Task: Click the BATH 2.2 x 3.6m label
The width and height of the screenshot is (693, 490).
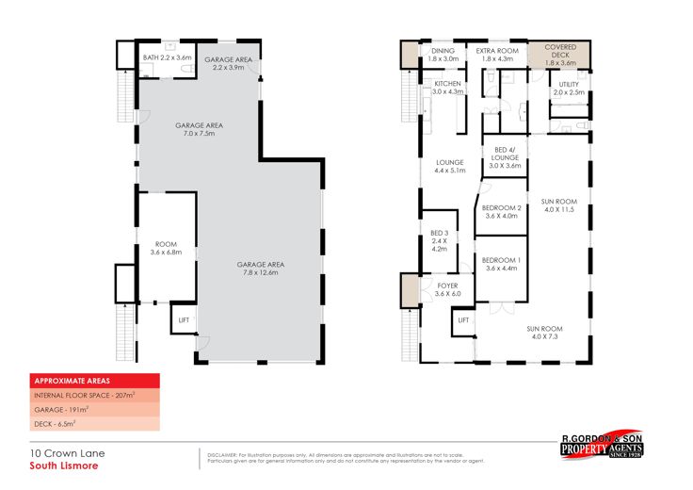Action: pos(167,57)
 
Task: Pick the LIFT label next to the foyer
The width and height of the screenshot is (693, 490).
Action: pos(462,320)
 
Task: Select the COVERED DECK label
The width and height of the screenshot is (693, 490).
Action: pos(559,53)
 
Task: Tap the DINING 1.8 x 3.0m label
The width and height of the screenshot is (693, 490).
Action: pos(443,54)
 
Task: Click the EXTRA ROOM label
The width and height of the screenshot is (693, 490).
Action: pos(496,54)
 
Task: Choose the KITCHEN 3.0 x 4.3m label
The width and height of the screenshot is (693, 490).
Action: pos(447,88)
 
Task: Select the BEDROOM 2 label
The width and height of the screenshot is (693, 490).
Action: pos(502,211)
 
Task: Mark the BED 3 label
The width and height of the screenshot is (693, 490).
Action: pos(438,240)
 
